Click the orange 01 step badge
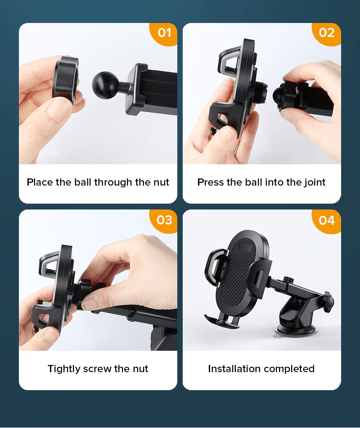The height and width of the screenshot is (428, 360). click(164, 34)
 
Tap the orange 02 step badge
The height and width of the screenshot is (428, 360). click(326, 34)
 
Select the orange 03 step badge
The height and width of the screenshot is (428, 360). click(164, 221)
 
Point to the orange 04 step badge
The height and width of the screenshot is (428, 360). click(326, 221)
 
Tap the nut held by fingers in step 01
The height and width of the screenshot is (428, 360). click(66, 80)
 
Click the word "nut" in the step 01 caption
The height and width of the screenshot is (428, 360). click(161, 182)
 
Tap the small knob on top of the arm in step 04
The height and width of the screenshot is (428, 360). click(288, 280)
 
